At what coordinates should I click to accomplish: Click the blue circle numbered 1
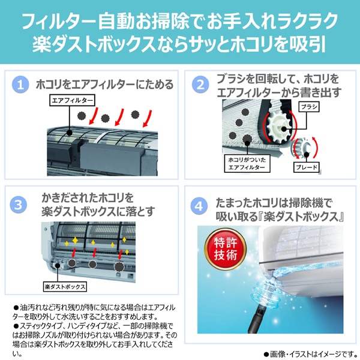pyautogui.click(x=22, y=85)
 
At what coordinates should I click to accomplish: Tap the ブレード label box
pyautogui.click(x=306, y=167)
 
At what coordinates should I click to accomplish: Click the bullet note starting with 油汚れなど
pyautogui.click(x=90, y=311)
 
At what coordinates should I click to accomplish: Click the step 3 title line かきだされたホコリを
pyautogui.click(x=96, y=197)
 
